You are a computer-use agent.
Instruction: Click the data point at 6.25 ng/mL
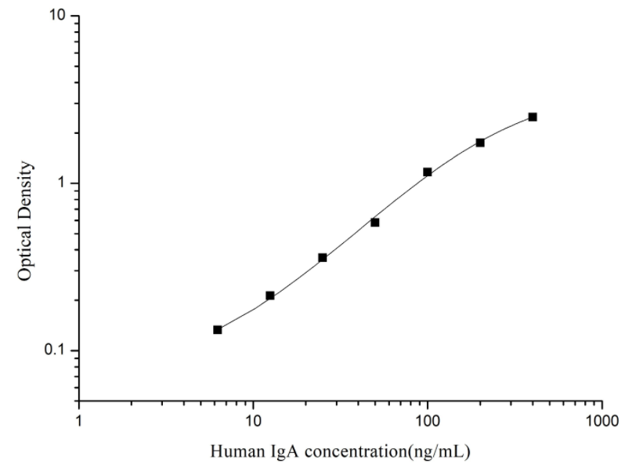point(218,330)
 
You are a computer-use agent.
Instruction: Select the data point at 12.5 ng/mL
point(270,295)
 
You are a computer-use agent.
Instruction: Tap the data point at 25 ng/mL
point(323,257)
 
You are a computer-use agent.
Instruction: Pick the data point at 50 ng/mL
point(375,223)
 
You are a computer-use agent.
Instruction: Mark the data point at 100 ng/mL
point(428,172)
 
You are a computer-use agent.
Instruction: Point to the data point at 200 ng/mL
point(480,143)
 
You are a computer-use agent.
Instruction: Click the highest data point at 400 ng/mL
point(533,117)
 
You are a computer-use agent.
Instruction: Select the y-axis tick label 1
point(66,183)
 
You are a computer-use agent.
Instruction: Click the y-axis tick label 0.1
point(60,350)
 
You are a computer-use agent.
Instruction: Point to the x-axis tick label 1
point(79,419)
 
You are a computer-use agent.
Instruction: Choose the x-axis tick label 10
point(253,419)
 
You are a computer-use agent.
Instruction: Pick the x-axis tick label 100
point(428,419)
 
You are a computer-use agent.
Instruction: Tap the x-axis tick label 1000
point(602,419)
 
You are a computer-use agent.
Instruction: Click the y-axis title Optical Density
point(26,221)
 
